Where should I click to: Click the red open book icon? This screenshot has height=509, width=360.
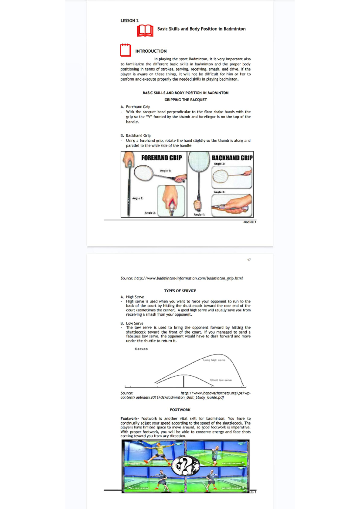(145, 31)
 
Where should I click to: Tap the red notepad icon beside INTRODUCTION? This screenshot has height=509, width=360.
(126, 50)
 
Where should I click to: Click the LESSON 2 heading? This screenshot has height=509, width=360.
(130, 21)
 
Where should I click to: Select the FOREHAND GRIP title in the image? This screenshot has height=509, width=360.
(161, 158)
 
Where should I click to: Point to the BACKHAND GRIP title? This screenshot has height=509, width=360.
(232, 158)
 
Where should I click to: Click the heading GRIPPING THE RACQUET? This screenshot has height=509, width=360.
(185, 100)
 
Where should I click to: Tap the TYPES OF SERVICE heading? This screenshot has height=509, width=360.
(180, 291)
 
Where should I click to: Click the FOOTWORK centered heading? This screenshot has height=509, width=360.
(180, 410)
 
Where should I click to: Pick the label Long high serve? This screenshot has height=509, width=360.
(214, 360)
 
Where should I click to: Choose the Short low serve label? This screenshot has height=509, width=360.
(221, 380)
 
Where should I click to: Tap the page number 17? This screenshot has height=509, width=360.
(249, 260)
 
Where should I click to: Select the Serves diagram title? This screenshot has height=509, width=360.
(141, 349)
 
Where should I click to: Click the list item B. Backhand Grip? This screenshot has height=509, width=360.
(136, 135)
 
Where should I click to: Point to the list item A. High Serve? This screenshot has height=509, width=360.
(132, 297)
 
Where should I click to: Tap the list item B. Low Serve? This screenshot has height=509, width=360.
(132, 323)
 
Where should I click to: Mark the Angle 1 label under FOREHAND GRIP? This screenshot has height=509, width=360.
(165, 171)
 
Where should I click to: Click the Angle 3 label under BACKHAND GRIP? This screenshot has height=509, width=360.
(219, 192)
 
